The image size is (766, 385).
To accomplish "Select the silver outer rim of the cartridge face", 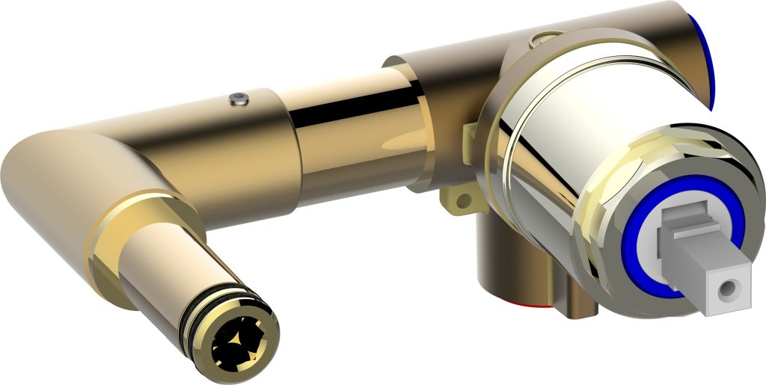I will click(598, 262).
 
